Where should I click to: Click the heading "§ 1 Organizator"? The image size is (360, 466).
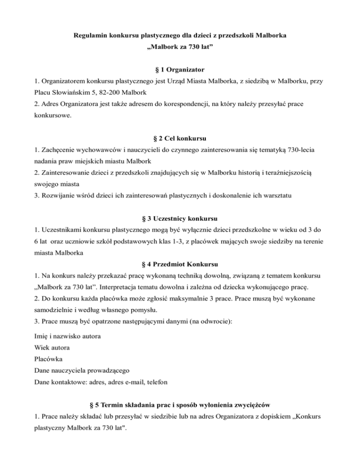point(180,70)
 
